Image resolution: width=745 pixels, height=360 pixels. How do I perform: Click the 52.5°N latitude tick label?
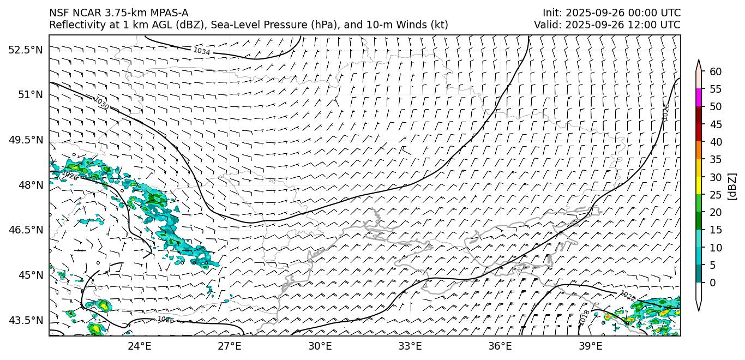(x=25, y=50)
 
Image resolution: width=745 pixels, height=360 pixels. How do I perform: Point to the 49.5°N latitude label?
(x=25, y=140)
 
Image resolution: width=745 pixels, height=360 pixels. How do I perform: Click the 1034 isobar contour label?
(x=201, y=51)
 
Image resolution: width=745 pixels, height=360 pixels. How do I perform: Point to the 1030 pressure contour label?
(x=101, y=103)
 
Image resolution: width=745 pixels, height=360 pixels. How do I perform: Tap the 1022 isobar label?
(x=628, y=296)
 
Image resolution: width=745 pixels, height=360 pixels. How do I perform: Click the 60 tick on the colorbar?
(x=716, y=71)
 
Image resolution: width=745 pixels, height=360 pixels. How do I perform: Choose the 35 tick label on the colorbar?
(x=716, y=159)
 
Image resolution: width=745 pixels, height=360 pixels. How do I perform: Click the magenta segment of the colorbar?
(x=698, y=98)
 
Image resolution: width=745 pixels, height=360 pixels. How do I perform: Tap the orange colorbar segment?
(x=698, y=151)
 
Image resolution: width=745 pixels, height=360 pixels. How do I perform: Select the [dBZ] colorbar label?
(x=732, y=186)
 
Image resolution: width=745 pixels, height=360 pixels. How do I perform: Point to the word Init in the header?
(x=552, y=13)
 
